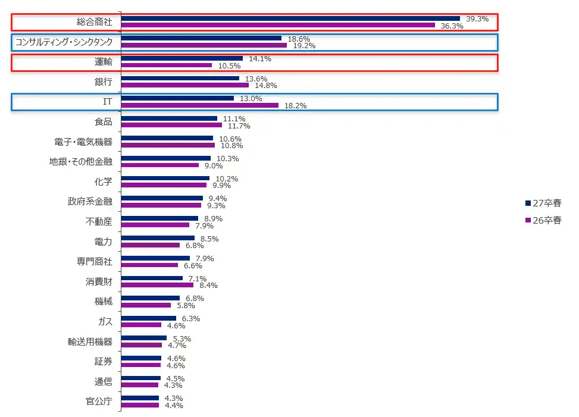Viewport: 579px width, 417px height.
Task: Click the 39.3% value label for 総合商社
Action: coord(477,19)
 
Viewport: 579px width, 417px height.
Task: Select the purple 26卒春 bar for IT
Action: coord(199,105)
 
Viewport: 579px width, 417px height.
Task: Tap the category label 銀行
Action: coord(104,81)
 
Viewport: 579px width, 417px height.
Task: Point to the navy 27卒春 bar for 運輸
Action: coord(181,58)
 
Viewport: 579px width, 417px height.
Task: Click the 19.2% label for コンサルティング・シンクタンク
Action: coord(304,46)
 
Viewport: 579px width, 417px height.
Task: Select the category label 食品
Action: coord(104,122)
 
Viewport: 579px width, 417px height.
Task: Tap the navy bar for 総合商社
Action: coord(290,18)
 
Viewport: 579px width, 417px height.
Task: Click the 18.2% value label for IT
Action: coord(296,106)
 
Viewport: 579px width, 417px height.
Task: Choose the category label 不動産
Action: coord(99,222)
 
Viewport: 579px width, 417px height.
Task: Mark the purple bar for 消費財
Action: coord(157,285)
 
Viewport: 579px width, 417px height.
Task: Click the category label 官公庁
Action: coord(99,402)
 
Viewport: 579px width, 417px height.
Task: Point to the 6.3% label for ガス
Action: coord(190,319)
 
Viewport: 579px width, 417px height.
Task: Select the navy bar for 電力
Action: coord(158,238)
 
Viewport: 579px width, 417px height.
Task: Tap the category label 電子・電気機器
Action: coord(83,142)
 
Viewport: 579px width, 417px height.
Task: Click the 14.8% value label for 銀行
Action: coord(265,86)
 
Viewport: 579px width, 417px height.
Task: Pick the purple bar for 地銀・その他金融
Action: coord(159,165)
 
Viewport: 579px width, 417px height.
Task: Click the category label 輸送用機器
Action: coord(90,342)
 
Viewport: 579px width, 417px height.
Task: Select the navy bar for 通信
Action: coord(140,378)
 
